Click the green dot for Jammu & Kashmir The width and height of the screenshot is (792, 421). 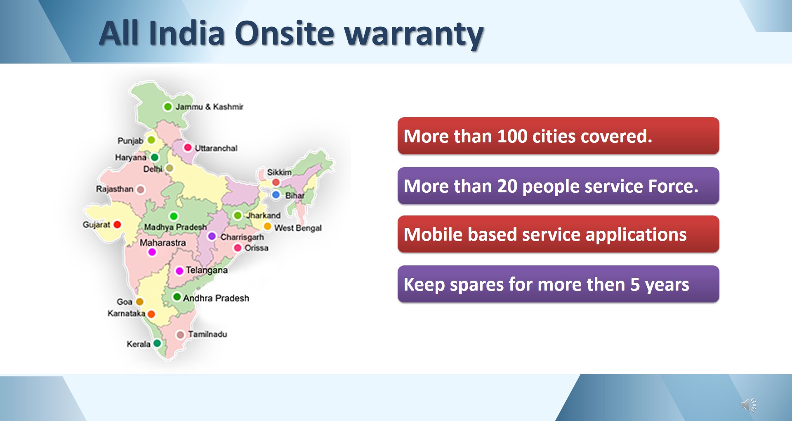pos(167,106)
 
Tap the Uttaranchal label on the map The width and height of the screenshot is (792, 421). pos(216,148)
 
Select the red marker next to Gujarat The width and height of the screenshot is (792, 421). pos(117,225)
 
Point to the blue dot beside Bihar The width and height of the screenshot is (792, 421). pos(276,194)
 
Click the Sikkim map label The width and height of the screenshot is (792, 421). pos(279,172)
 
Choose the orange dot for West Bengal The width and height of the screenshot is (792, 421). pos(267,226)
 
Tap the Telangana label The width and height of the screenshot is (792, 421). pos(207,270)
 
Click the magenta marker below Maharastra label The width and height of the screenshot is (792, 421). pos(152,252)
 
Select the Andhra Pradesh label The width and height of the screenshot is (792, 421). pos(216,298)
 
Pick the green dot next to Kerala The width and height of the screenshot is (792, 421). pos(157,343)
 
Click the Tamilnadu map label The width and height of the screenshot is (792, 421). pos(207,334)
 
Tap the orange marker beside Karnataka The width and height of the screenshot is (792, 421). pos(151,314)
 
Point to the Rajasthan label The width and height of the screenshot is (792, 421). pos(115,189)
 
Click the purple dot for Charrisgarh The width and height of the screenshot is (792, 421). pos(212,236)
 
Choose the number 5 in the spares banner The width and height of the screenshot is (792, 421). pos(635,284)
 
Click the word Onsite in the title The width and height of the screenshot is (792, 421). pos(284,33)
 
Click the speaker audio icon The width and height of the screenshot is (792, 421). pos(748,405)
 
